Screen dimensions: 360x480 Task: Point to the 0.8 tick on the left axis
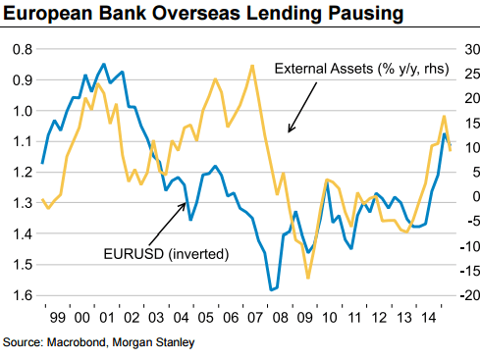pyautogui.click(x=21, y=49)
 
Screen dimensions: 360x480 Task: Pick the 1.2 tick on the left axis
pyautogui.click(x=21, y=173)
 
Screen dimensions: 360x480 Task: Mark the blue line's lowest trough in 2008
pyautogui.click(x=272, y=289)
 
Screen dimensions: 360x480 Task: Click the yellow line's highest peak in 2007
pyautogui.click(x=252, y=66)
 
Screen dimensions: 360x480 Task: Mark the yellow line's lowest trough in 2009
pyautogui.click(x=307, y=278)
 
